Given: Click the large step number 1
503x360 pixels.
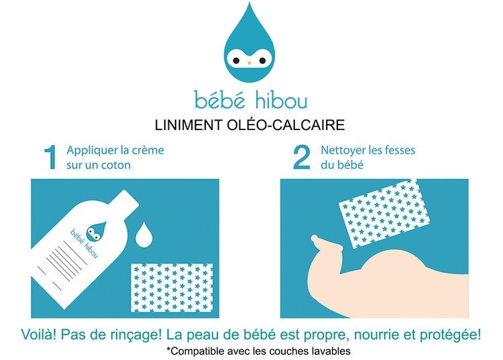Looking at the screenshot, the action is pos(51,157).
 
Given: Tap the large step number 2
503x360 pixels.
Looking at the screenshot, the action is pos(302,157).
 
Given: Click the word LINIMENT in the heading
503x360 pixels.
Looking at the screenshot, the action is pos(188,125).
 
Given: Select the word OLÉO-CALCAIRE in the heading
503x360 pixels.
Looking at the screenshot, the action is pos(286,125).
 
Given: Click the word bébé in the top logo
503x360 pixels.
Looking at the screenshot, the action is pos(220,99).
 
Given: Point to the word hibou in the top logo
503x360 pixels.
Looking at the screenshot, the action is pos(281,100).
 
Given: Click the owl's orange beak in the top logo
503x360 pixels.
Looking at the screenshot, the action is pos(249,63).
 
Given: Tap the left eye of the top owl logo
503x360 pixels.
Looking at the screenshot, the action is pos(236,60).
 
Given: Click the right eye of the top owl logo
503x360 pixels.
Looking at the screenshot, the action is pos(262,60).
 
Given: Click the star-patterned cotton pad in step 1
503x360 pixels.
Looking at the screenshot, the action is pos(172,288).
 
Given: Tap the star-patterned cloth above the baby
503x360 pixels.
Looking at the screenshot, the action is pos(384,213).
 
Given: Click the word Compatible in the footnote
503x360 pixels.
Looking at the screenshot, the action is pos(195,351).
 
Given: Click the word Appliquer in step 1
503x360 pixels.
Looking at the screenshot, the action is pos(89,151).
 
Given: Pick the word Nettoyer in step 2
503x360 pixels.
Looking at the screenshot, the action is pos(343,150).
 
